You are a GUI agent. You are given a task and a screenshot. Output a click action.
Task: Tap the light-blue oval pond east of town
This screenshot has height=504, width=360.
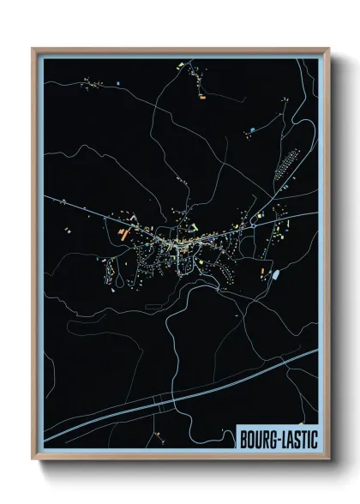click(x=276, y=274)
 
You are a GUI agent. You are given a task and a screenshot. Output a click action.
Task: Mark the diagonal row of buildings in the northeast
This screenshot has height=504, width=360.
click(x=287, y=163)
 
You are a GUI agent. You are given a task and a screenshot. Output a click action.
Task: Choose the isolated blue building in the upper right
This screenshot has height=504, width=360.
click(x=253, y=130)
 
